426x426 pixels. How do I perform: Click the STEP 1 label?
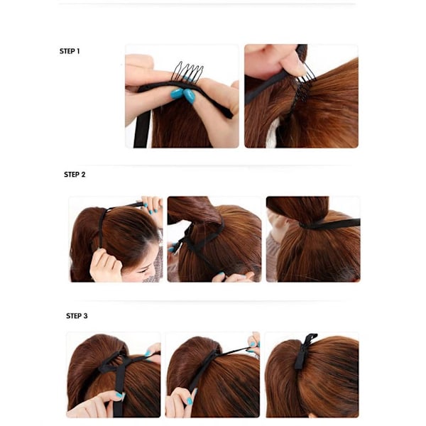70,51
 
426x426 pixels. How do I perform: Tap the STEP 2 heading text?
75,175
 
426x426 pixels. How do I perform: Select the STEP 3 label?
77,316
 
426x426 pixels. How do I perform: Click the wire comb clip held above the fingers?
187,72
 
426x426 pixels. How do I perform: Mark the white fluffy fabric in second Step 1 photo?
273,133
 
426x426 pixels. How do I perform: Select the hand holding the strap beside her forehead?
105,266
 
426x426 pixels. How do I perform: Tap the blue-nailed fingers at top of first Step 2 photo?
152,204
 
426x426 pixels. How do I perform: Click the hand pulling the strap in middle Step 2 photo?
233,277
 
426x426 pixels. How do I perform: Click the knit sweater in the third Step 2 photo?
274,261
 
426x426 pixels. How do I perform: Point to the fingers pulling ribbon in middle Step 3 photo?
254,343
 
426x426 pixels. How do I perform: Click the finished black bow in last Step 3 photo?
305,351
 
